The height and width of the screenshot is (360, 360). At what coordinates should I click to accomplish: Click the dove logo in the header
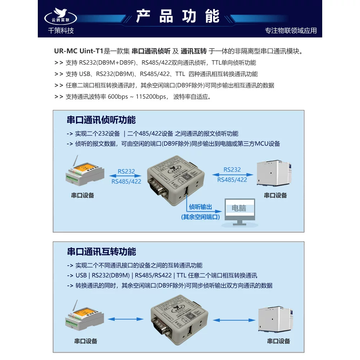pos(60,16)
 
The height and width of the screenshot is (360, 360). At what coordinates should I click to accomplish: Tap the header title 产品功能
pos(178,16)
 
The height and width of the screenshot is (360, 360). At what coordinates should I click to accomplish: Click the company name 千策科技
pos(61,31)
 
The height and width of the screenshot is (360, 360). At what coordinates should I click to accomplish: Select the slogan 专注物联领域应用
pos(291,31)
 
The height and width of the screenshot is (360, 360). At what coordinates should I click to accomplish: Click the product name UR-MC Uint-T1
pos(78,51)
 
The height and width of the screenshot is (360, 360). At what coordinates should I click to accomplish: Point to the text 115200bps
pos(150,96)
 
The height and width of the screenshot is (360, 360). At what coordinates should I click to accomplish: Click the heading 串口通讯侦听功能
pos(101,120)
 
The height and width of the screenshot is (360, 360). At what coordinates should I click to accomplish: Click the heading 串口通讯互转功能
pos(102,252)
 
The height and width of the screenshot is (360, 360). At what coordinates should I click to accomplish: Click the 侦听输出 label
pos(200,207)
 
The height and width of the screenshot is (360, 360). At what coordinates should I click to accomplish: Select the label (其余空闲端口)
pos(200,217)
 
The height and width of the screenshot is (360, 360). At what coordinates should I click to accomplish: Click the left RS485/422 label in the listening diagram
pos(126,181)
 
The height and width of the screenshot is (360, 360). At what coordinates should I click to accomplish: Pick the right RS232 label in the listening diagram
pos(232,170)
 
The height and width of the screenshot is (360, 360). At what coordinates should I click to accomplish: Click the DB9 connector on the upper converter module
pos(158,186)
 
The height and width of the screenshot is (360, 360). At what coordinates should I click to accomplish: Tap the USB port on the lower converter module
pos(190,331)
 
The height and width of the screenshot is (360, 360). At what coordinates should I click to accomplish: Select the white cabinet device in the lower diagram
pos(275,319)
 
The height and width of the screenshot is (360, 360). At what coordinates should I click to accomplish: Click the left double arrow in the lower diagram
pos(125,319)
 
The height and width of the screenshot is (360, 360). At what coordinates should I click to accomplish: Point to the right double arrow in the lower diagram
pos(234,320)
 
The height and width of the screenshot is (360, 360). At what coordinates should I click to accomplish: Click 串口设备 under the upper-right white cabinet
pos(275,195)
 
